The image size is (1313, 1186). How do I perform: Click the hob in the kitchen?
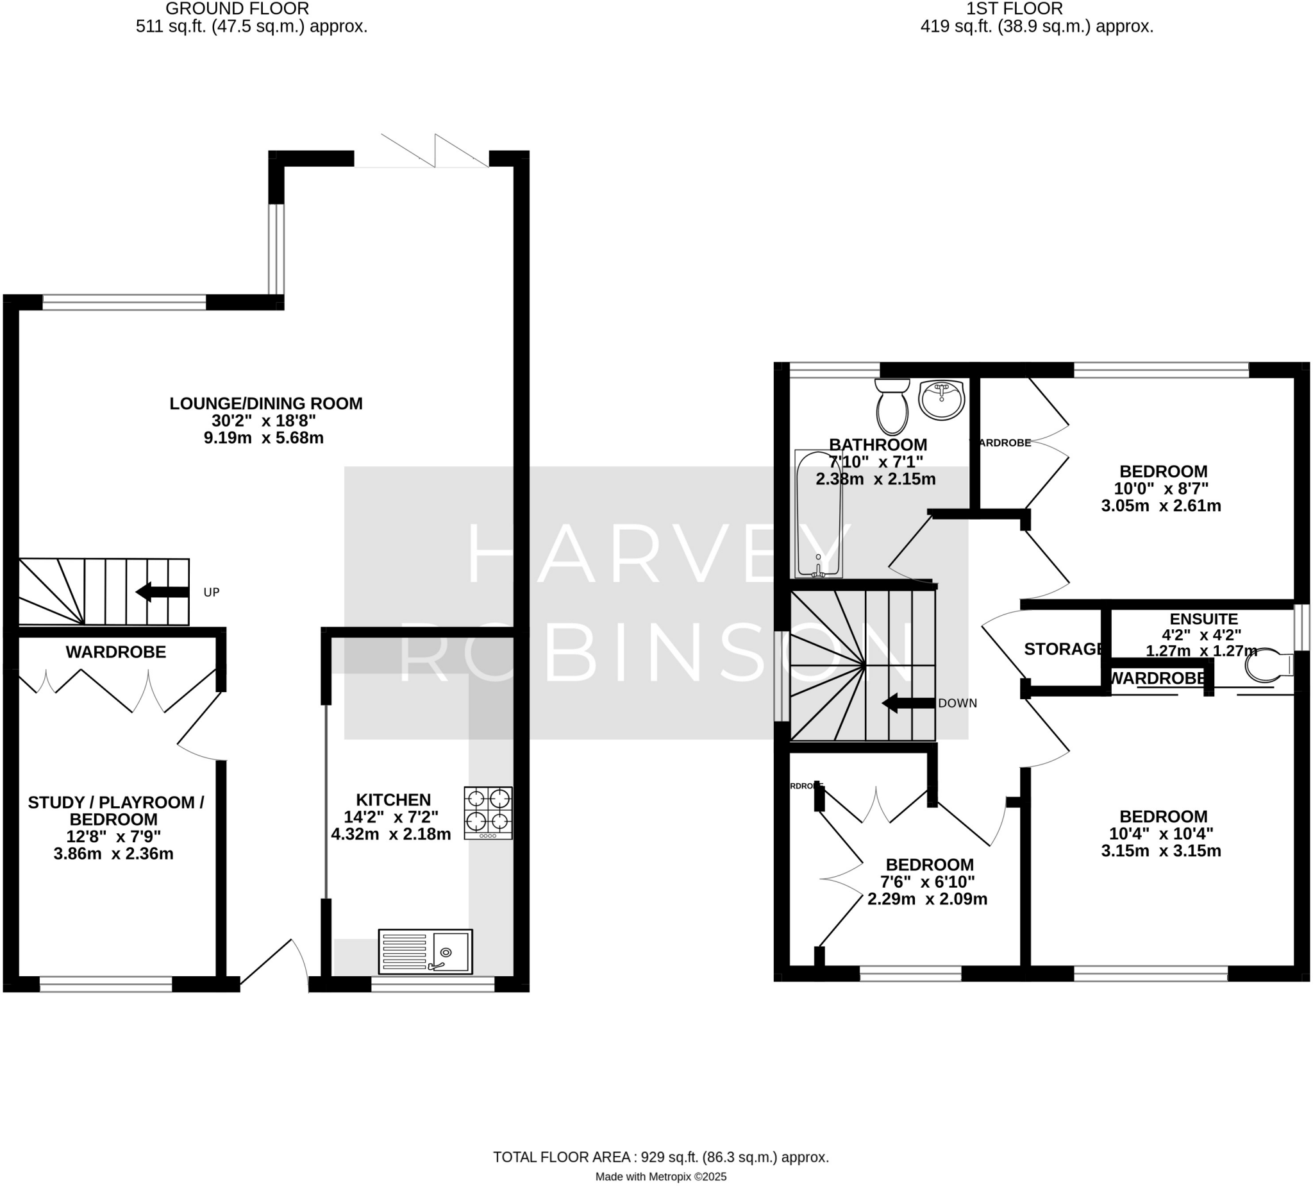(x=488, y=813)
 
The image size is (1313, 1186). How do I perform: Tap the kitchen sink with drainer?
(x=425, y=951)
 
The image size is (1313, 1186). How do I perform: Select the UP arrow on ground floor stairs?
(x=162, y=591)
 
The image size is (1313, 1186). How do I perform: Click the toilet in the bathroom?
(x=892, y=407)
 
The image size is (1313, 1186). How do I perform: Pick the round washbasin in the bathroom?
(x=941, y=400)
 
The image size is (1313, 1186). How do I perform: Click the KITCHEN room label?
(x=394, y=800)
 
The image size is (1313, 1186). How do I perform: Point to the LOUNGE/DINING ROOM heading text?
(x=265, y=403)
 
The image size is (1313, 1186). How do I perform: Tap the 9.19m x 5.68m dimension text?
(x=263, y=437)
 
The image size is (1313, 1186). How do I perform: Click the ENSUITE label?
(x=1203, y=618)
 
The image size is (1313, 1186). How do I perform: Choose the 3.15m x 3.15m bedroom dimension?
(x=1160, y=851)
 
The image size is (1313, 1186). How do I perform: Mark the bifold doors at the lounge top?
(x=433, y=151)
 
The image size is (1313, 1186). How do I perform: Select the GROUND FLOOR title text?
(x=237, y=8)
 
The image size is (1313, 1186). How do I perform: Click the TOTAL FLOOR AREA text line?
(x=660, y=1157)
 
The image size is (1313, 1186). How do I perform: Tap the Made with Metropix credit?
(x=660, y=1177)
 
